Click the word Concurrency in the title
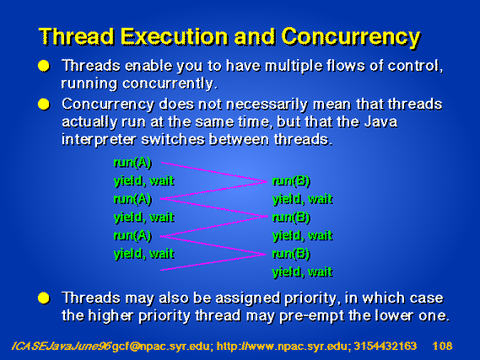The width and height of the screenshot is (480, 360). [351, 38]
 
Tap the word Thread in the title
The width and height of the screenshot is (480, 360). [77, 36]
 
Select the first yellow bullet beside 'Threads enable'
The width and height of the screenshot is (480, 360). [44, 66]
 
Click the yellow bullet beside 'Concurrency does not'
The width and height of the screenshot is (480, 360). [44, 105]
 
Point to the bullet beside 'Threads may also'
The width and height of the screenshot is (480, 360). [44, 298]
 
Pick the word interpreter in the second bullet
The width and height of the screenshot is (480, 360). [99, 140]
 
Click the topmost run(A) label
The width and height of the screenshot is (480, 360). [132, 163]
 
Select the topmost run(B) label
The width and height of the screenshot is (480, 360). [291, 181]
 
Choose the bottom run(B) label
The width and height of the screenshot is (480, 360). [291, 254]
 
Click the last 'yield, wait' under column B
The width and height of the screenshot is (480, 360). [302, 272]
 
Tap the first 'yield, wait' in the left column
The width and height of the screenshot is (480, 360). [144, 181]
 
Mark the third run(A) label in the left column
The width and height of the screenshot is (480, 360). [132, 236]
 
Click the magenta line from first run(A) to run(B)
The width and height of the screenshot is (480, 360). [213, 172]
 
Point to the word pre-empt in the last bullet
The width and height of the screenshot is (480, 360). [311, 316]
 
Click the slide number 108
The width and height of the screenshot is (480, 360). [442, 346]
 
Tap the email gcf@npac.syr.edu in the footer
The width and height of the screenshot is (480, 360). [161, 347]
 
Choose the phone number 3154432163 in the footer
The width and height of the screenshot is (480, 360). [386, 346]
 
